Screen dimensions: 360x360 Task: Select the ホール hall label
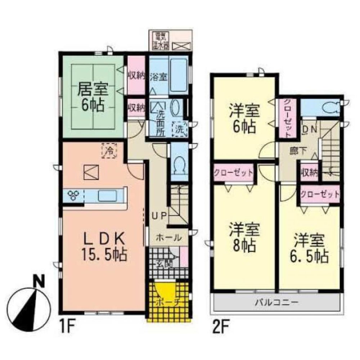tap(168, 238)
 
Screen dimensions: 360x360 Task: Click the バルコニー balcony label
tap(277, 302)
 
